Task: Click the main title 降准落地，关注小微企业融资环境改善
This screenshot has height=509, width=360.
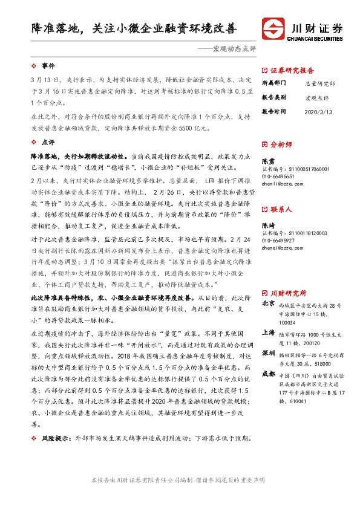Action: click(x=134, y=28)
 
